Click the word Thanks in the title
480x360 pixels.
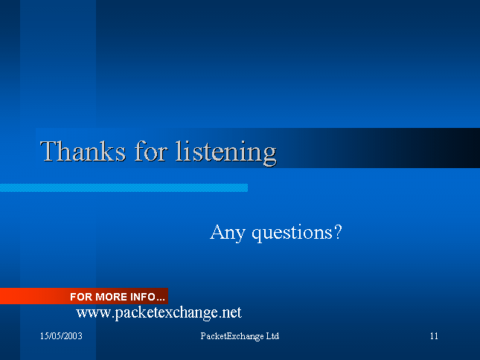coord(83,151)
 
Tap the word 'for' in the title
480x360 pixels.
coord(151,151)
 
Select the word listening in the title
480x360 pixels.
coord(226,153)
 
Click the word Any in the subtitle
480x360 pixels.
coord(228,233)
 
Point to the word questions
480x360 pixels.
coord(292,234)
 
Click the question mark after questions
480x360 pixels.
coord(338,232)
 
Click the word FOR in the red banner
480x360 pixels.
coord(81,297)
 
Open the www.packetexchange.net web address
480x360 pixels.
coord(159,313)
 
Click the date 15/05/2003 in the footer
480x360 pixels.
coord(61,336)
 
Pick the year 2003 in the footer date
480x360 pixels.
coord(74,336)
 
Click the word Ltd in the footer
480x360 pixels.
coord(272,336)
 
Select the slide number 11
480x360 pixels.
coord(434,336)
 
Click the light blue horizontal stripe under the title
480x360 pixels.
coord(124,187)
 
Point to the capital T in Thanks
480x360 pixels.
coord(50,151)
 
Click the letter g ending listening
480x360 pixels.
coord(269,156)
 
